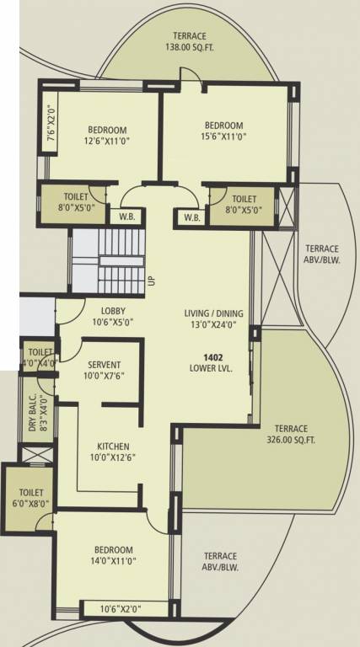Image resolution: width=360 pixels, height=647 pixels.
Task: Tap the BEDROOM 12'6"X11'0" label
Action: point(107,136)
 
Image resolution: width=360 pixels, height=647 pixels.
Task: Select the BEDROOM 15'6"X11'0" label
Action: point(223,130)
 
